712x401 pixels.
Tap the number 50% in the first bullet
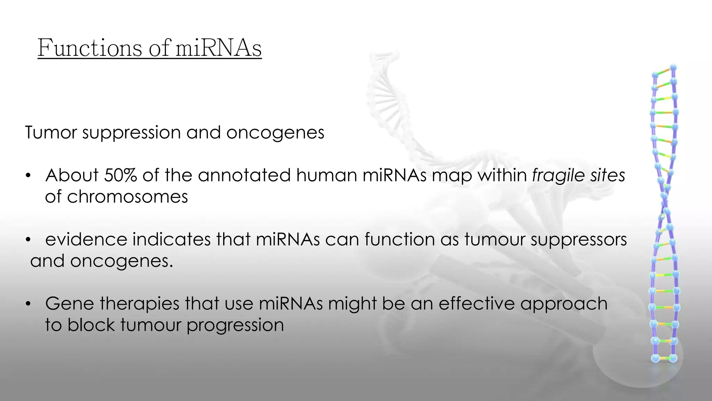coord(120,175)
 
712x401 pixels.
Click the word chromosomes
coord(127,197)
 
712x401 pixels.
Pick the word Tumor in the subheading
coord(51,133)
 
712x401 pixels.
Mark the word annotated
coord(244,175)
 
